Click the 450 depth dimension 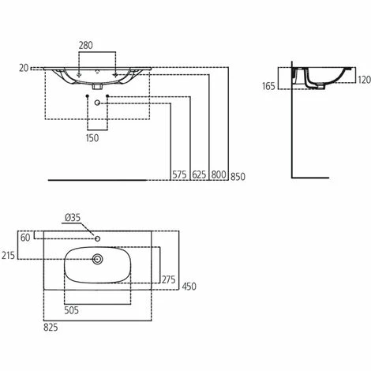tap(189, 287)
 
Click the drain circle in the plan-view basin tap(99, 258)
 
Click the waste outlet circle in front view tap(97, 103)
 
